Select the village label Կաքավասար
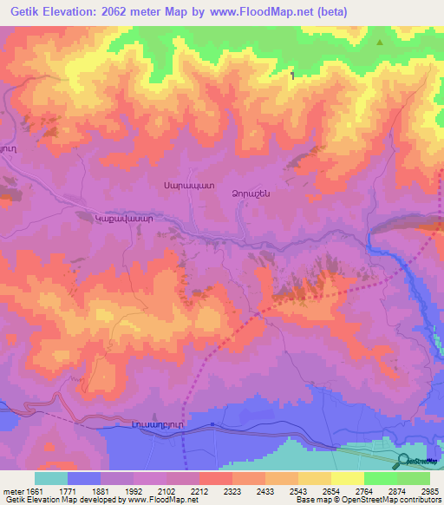point(124,219)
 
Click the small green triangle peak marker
point(379,41)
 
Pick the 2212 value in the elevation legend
point(199,491)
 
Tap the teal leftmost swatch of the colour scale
point(51,478)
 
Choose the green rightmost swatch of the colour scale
point(414,478)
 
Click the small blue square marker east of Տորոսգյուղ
point(212,424)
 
